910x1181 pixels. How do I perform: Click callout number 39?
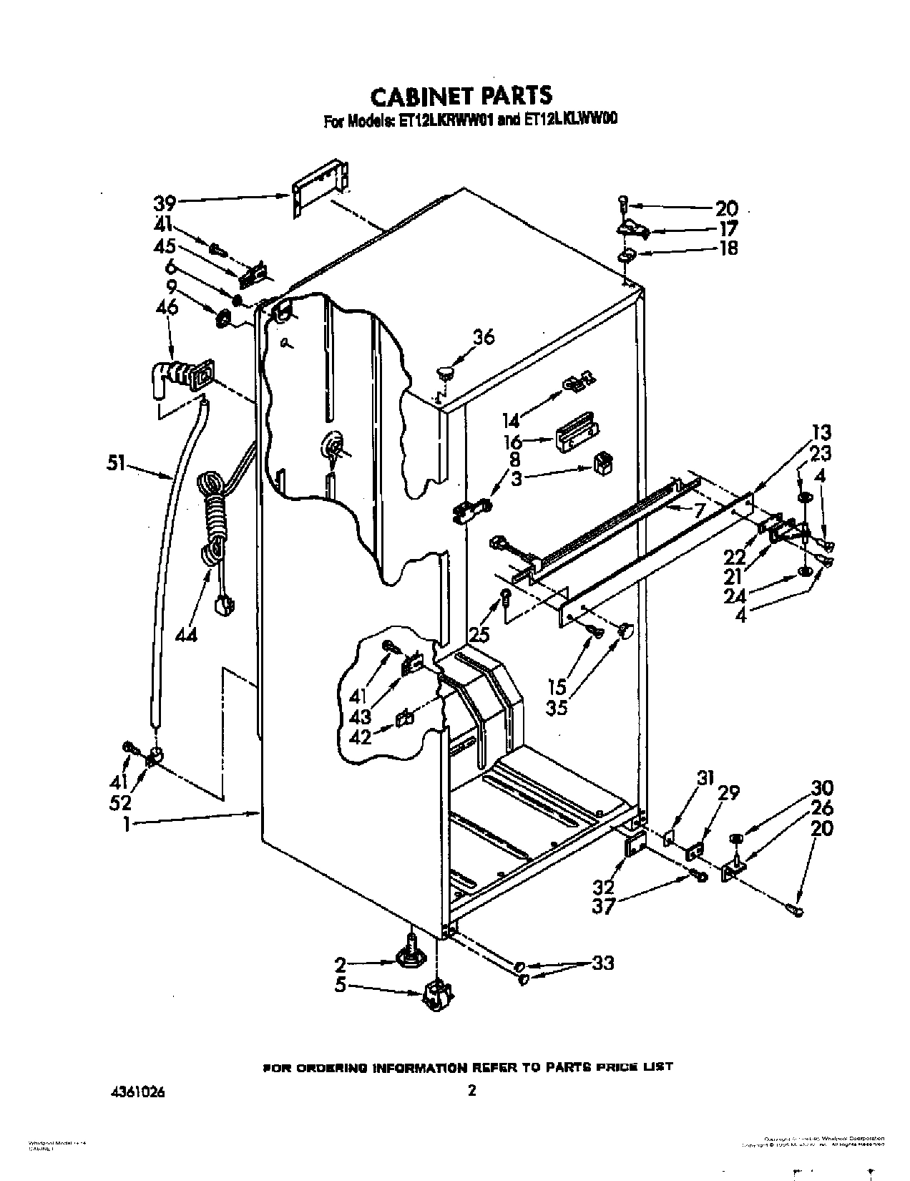[x=165, y=203]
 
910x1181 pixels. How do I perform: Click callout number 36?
[x=484, y=336]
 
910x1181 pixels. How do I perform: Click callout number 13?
[x=821, y=432]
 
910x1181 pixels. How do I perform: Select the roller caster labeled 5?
[x=436, y=995]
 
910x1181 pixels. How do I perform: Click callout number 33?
[x=603, y=963]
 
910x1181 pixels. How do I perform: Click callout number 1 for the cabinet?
[x=126, y=825]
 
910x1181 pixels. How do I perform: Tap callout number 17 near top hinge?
[x=725, y=228]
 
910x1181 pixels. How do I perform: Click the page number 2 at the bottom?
[x=471, y=1091]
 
